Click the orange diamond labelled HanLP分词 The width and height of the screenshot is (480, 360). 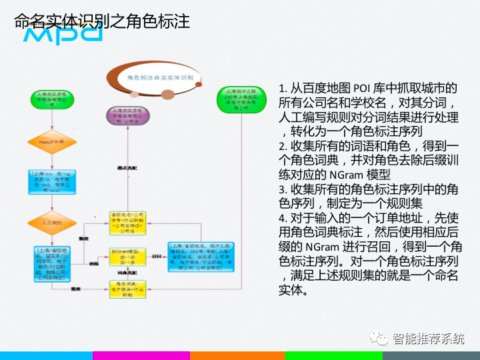pyautogui.click(x=51, y=142)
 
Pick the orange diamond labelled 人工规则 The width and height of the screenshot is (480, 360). pyautogui.click(x=51, y=222)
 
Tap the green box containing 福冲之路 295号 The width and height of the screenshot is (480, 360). pyautogui.click(x=241, y=99)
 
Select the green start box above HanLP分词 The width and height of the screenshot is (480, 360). pyautogui.click(x=51, y=101)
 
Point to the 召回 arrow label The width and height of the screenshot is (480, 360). pyautogui.click(x=158, y=255)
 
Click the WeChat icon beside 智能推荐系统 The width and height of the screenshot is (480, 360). pyautogui.click(x=380, y=338)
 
